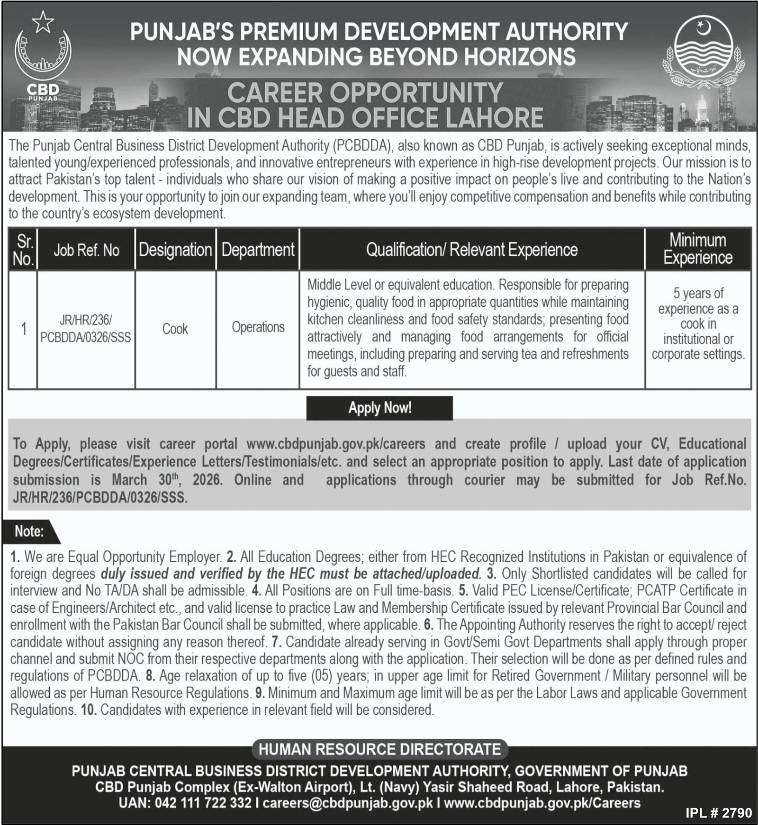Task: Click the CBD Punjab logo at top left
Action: pos(43,62)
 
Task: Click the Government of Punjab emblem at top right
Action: pos(704,54)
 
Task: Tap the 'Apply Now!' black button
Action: pos(379,408)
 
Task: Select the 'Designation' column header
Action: pos(175,250)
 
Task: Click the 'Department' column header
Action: pos(258,250)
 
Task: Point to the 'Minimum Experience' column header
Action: pos(698,249)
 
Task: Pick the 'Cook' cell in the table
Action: pos(175,329)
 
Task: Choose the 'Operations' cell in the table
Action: pos(258,327)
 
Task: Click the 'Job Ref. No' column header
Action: pos(86,250)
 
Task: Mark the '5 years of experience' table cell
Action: pos(698,324)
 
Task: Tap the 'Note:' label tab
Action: pos(29,531)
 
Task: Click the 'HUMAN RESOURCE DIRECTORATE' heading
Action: pos(379,749)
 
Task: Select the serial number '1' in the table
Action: pos(23,329)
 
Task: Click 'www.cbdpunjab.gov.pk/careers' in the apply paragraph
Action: pos(336,444)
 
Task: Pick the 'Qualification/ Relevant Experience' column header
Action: pos(472,250)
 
